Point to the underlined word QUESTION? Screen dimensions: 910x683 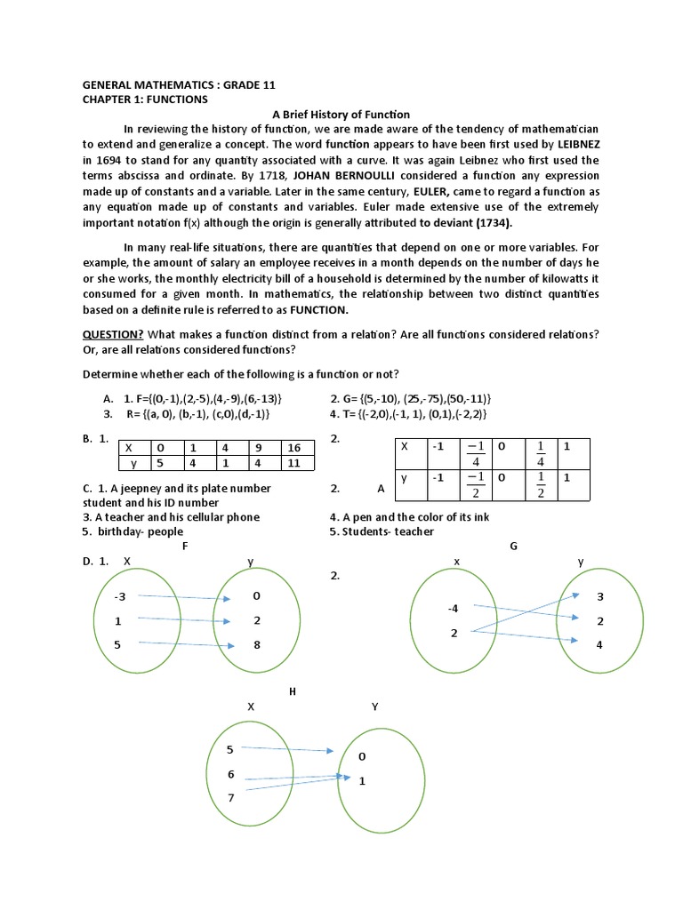coord(113,333)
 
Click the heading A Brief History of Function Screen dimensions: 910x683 coord(341,114)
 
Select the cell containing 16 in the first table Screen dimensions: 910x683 coord(294,448)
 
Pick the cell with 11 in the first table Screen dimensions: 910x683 coord(294,463)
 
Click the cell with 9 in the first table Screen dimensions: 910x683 coord(261,448)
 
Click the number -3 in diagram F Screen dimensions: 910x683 coord(120,595)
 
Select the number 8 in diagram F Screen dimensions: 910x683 coord(257,645)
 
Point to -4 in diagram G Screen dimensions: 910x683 coord(454,609)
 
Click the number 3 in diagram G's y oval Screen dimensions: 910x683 coord(600,595)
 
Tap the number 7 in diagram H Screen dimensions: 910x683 coord(231,798)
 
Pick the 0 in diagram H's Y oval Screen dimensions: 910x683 coord(361,756)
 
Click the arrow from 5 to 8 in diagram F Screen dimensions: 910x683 coord(187,645)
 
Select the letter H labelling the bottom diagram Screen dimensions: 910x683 coord(293,690)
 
